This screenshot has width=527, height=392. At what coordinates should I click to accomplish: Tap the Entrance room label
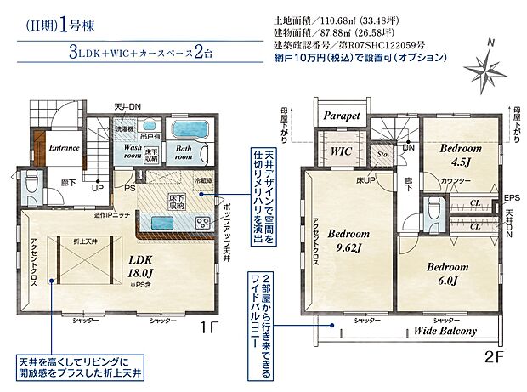63,147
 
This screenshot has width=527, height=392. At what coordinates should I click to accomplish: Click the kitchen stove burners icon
204,222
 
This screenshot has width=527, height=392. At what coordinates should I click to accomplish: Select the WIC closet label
342,151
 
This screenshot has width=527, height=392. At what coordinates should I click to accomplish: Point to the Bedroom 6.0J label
444,272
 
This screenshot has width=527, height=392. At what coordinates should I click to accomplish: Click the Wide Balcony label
446,331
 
